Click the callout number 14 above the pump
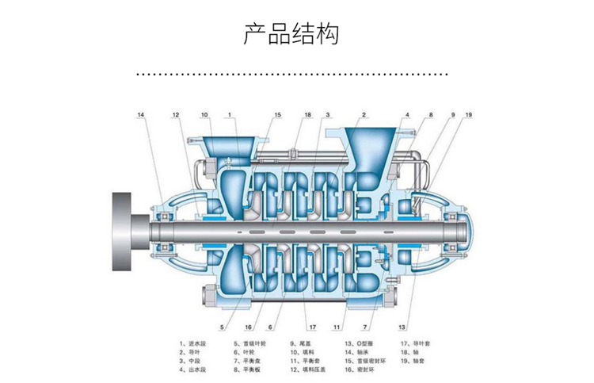[142, 117]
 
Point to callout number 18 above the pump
[307, 117]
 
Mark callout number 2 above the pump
[364, 117]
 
